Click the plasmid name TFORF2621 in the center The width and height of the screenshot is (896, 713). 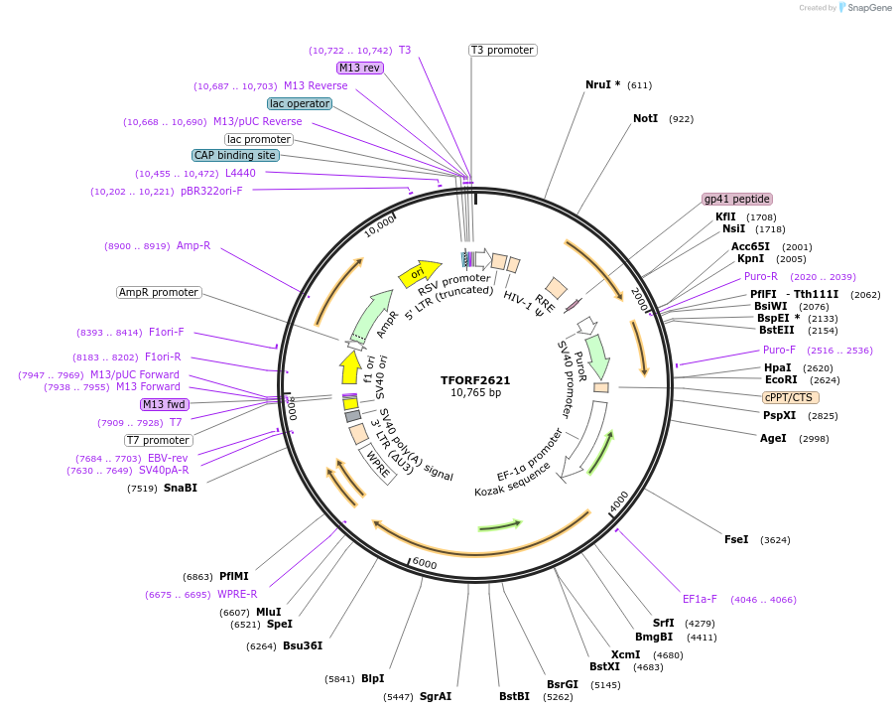[x=475, y=380]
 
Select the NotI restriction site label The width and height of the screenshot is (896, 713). [x=645, y=118]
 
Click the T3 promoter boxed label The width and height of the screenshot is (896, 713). [x=502, y=50]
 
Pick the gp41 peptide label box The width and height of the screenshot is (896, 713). [x=737, y=199]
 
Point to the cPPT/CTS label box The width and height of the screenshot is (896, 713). [x=790, y=396]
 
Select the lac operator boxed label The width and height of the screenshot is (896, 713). [x=300, y=103]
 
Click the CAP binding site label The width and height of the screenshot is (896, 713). [x=235, y=155]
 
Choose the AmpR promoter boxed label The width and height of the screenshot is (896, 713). [x=159, y=292]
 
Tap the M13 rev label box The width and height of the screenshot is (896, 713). [x=359, y=68]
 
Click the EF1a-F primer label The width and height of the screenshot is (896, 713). [x=700, y=599]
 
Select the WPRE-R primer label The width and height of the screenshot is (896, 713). [x=237, y=594]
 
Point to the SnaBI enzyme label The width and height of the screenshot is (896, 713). [x=181, y=488]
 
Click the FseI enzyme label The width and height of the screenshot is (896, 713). [x=736, y=539]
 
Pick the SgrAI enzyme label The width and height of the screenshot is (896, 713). [x=436, y=696]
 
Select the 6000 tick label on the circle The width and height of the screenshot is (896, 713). [x=425, y=564]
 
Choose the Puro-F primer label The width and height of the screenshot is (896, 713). [x=779, y=350]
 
